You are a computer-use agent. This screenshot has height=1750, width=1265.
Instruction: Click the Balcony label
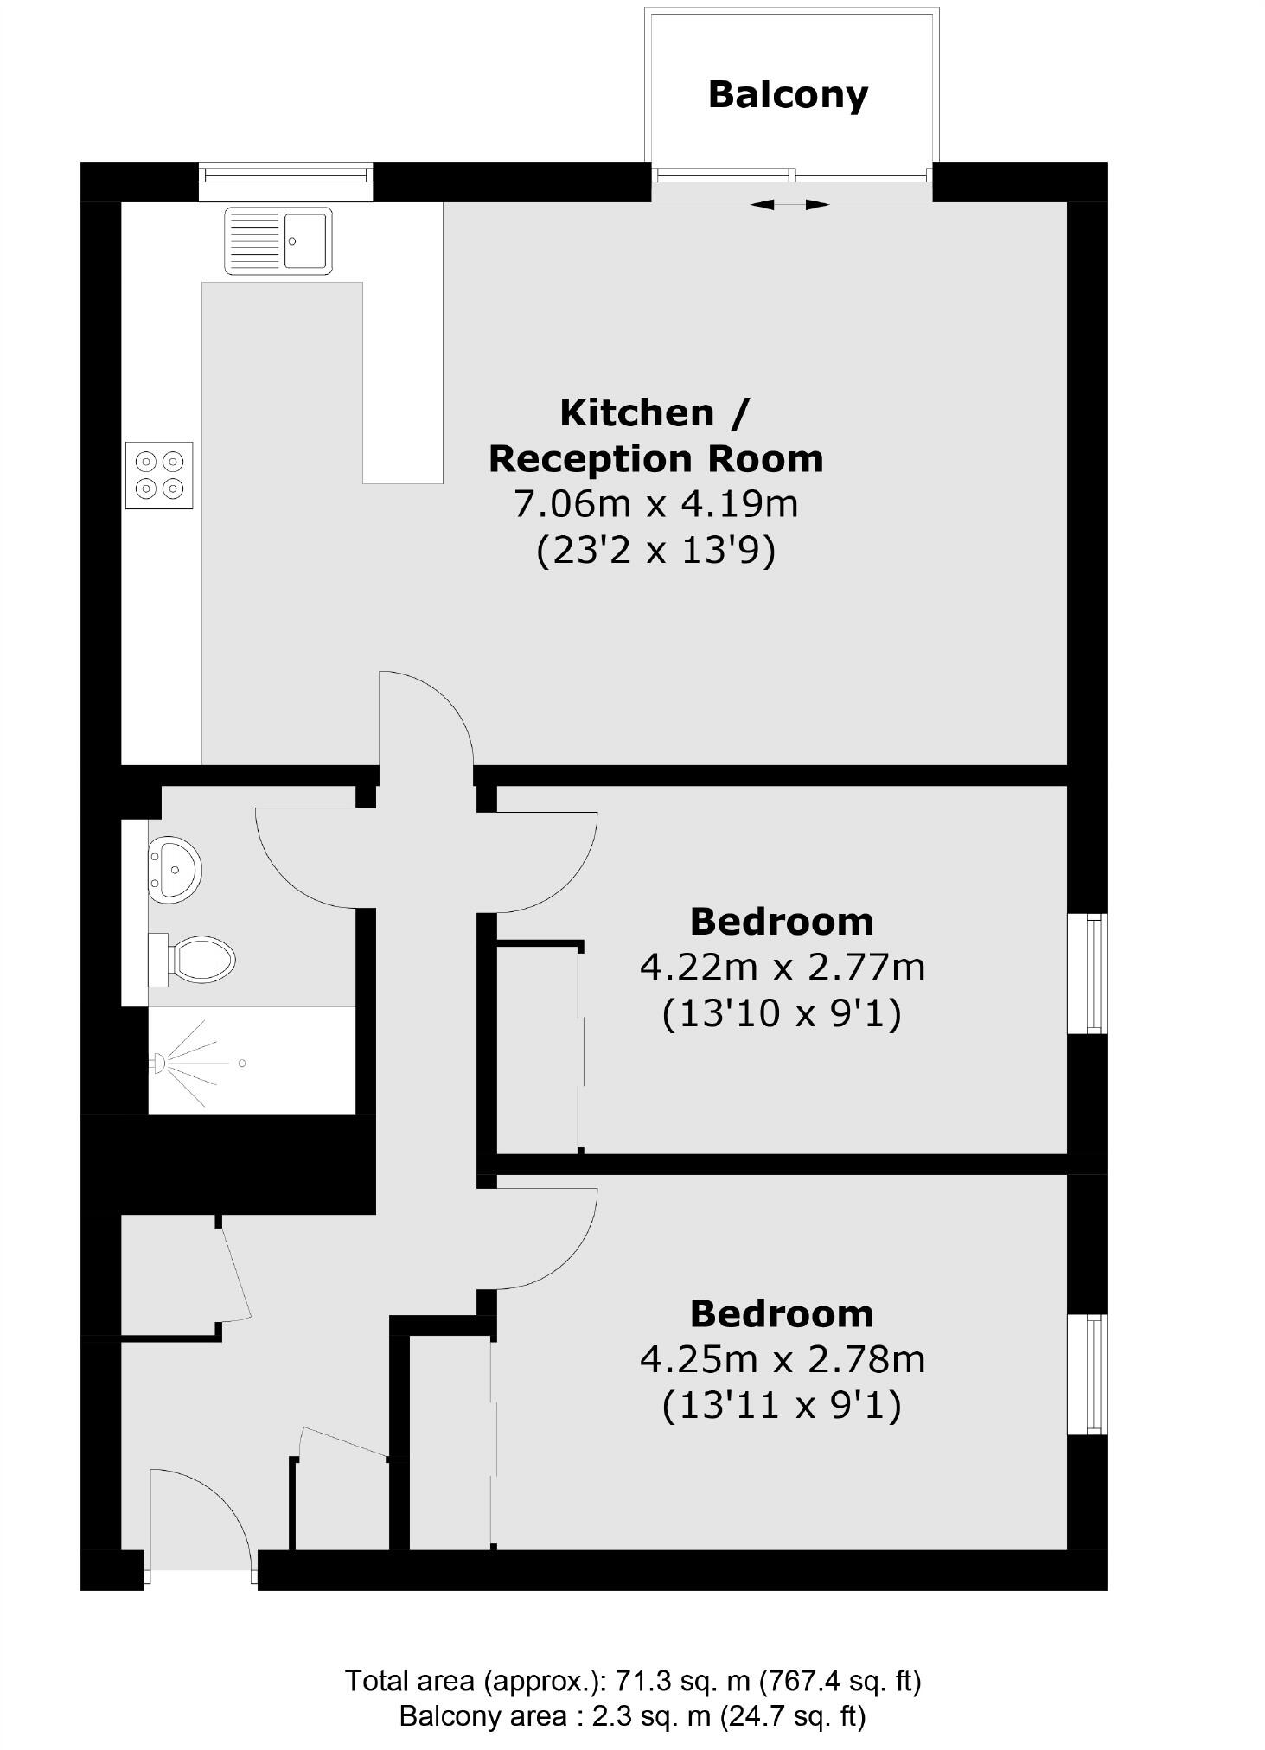pos(787,94)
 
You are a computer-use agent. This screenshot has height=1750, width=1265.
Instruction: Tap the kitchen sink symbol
pos(278,240)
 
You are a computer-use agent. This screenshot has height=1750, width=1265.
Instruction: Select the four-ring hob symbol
pos(159,475)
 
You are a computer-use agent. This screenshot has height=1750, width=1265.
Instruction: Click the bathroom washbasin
pos(175,868)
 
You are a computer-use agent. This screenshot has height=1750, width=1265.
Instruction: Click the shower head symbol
pos(159,1063)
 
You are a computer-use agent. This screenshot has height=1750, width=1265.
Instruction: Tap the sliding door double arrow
pos(789,205)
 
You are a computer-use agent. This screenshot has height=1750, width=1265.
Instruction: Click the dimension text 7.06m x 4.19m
pos(655,503)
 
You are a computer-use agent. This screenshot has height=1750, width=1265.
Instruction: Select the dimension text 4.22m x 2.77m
pos(782,967)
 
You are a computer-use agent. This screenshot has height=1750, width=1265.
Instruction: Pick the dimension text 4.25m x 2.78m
pos(782,1359)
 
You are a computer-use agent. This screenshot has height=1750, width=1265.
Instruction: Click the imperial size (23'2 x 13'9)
pos(655,550)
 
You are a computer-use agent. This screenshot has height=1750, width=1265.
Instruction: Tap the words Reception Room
pos(655,458)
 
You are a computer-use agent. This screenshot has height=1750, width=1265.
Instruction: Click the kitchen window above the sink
pos(285,175)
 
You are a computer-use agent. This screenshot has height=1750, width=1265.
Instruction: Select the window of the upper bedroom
pos(1096,973)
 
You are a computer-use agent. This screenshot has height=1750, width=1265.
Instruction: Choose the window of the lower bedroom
pos(1096,1375)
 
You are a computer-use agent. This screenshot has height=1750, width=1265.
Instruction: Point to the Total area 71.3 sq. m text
pos(632,1681)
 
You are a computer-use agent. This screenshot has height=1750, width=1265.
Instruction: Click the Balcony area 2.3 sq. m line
pos(632,1715)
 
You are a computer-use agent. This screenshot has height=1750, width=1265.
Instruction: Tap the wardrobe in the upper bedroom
pos(538,1048)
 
